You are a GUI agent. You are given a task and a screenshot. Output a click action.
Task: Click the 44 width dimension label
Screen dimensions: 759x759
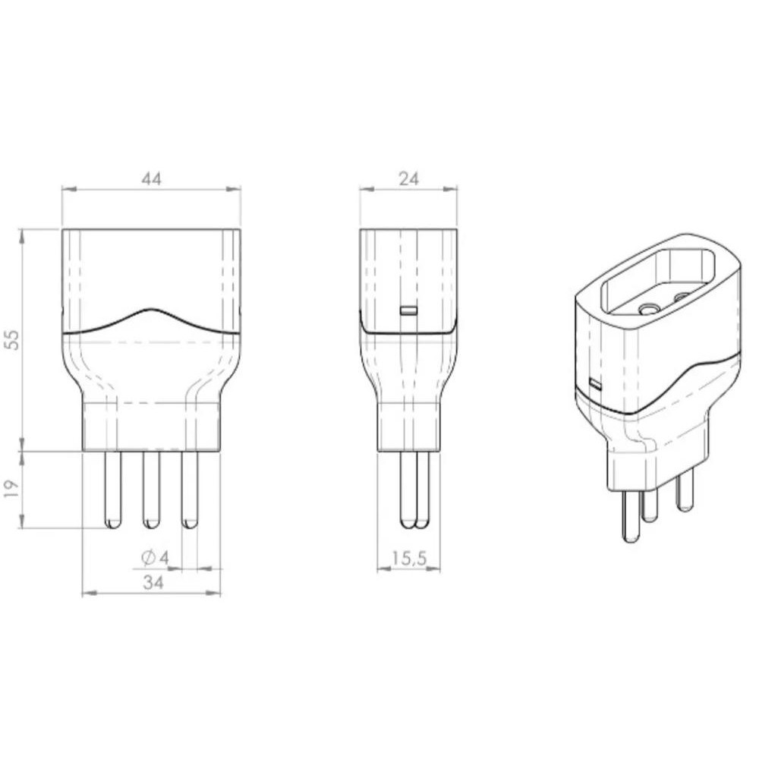[x=151, y=179]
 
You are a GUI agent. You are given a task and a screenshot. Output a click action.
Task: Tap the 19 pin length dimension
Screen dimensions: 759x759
[x=13, y=489]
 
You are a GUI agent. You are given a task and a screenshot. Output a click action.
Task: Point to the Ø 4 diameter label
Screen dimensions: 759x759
[x=155, y=558]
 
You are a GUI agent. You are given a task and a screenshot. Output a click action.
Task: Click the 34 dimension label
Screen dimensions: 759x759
[x=153, y=583]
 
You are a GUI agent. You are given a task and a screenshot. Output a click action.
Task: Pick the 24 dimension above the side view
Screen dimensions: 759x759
[x=408, y=179]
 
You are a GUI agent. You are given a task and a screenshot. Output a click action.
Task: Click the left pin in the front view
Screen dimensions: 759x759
[x=113, y=490]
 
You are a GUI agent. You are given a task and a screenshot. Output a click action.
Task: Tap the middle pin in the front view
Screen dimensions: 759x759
[x=151, y=490]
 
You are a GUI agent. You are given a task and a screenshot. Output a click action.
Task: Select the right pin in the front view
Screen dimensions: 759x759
[x=189, y=490]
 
